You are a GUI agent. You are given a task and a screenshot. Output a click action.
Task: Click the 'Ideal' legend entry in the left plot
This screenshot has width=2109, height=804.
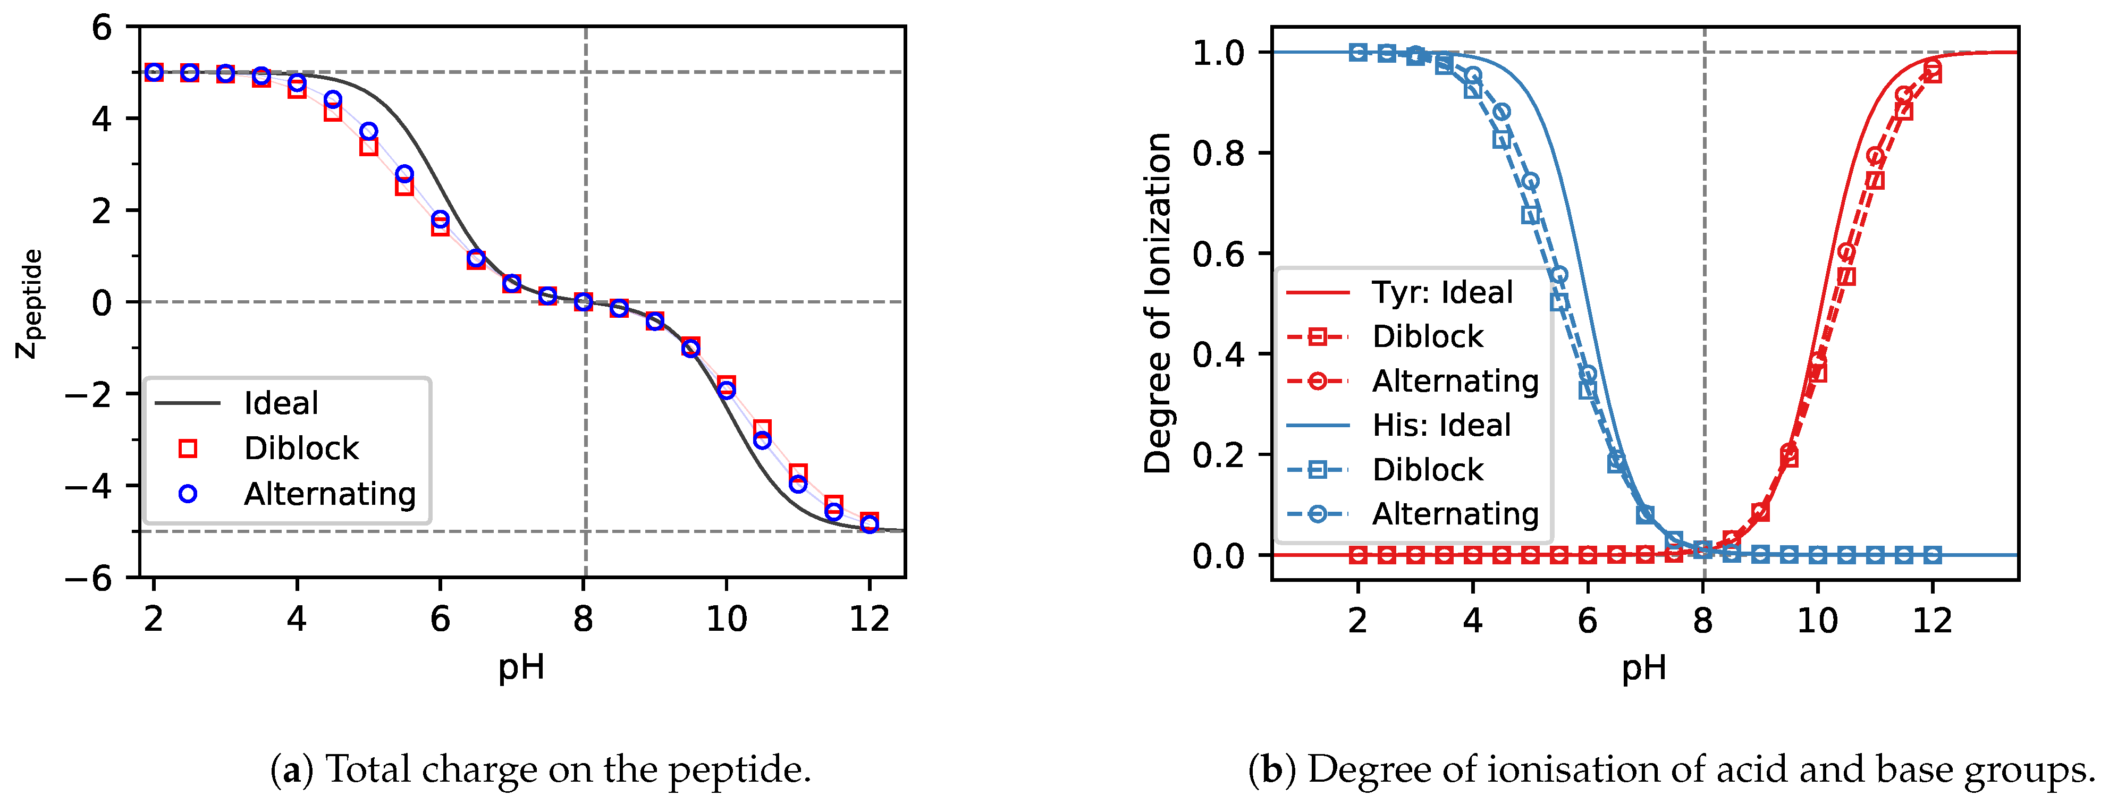[x=281, y=403]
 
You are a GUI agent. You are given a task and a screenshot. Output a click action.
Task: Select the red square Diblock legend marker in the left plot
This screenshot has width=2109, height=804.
[x=188, y=448]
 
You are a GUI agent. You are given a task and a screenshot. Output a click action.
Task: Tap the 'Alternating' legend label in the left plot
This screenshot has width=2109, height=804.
[x=330, y=494]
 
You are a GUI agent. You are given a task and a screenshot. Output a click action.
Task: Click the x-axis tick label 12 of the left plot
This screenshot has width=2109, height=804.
[x=868, y=619]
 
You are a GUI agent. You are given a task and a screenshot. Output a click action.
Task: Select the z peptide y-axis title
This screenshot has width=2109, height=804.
[x=30, y=303]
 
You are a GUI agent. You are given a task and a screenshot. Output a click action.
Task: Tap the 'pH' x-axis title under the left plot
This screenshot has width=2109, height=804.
[x=521, y=667]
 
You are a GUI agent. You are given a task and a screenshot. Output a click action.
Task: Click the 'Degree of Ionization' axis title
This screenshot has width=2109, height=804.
[x=1158, y=303]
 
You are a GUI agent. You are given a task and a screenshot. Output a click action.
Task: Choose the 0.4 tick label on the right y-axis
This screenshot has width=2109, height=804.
[x=1218, y=354]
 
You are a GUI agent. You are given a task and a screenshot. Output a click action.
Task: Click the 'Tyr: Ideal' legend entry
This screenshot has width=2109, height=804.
[x=1442, y=292]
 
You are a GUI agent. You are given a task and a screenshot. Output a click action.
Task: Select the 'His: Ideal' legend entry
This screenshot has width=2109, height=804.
[x=1441, y=425]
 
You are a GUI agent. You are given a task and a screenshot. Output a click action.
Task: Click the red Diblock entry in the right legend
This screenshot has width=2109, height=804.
[x=1427, y=336]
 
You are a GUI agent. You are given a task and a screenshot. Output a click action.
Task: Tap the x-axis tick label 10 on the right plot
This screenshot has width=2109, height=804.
[x=1817, y=621]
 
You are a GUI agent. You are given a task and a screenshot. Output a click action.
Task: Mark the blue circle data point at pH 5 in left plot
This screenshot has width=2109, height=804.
[x=368, y=131]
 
